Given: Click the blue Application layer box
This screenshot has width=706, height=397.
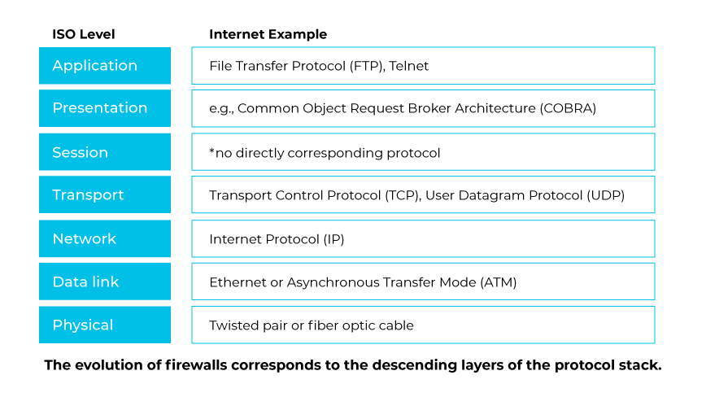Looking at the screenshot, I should [104, 66].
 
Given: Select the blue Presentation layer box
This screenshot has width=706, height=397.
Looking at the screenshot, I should [104, 108].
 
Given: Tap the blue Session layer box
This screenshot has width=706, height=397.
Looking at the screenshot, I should [104, 152].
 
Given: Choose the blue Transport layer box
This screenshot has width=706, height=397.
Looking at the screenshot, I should [104, 195].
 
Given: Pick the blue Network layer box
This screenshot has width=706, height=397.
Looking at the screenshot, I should [104, 238].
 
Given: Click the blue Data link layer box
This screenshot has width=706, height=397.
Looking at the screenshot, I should [104, 281].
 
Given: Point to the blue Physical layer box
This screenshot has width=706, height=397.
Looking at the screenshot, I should [104, 325].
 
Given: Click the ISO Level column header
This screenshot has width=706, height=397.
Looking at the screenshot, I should [84, 34].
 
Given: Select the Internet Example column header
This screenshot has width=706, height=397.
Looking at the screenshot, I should [268, 34].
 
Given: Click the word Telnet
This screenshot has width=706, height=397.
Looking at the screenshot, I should [408, 66].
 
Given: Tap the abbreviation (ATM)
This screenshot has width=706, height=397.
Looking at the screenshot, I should [499, 282].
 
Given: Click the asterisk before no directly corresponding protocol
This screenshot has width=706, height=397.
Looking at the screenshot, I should [211, 151].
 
